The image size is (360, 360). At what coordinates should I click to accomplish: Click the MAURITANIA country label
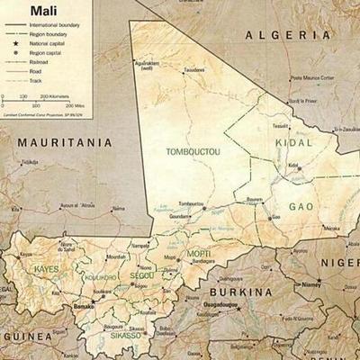[x=62, y=142]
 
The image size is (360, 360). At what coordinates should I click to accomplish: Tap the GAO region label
[x=301, y=207]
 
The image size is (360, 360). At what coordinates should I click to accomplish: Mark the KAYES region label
[x=45, y=269]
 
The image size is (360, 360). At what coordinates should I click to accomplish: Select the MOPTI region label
[x=200, y=256]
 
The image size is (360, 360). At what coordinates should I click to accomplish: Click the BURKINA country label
[x=240, y=292]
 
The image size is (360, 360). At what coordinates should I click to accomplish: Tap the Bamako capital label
[x=84, y=306]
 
